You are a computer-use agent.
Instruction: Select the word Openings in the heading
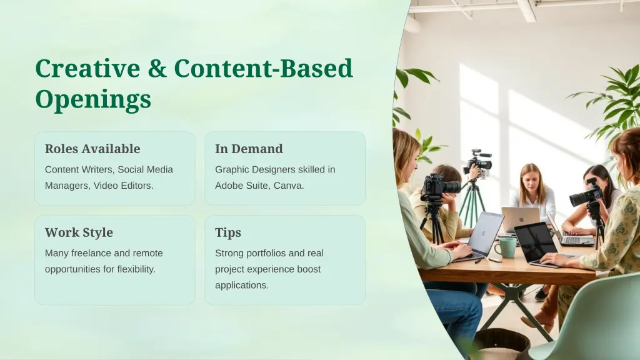tap(93, 99)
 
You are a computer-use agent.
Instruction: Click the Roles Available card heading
tap(92, 149)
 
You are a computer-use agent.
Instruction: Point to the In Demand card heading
tap(249, 149)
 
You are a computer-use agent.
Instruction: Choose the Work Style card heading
tap(79, 232)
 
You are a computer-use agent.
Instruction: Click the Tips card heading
tap(228, 232)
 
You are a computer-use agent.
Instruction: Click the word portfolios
tap(267, 253)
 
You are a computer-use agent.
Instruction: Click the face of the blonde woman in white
tap(531, 177)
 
